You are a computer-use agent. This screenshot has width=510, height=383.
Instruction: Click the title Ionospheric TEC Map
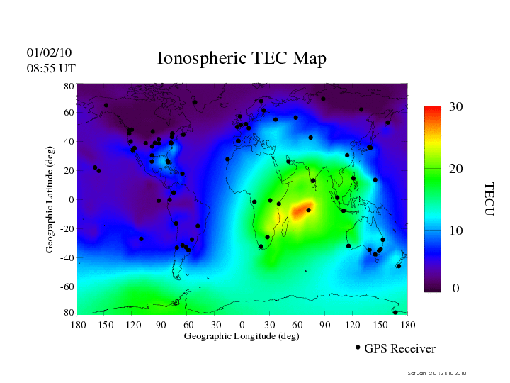click(242, 58)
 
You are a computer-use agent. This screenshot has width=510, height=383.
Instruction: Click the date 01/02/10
click(50, 52)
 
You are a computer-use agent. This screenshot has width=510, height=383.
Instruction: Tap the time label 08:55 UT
click(51, 68)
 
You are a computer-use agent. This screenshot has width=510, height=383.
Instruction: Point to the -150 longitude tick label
click(103, 325)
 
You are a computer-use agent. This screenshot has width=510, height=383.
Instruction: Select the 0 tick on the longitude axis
click(242, 325)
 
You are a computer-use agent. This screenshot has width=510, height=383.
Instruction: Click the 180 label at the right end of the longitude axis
click(408, 325)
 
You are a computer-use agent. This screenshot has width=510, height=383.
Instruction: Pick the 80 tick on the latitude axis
click(69, 86)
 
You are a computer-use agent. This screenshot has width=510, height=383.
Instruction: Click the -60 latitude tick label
click(67, 287)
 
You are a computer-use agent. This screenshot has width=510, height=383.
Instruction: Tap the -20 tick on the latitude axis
click(67, 229)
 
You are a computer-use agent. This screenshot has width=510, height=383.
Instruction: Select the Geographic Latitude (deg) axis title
click(50, 204)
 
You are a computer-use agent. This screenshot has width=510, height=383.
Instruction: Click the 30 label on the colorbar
click(455, 107)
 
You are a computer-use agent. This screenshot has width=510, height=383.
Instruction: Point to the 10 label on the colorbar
click(455, 231)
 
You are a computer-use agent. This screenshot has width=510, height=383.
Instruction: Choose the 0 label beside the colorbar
click(456, 289)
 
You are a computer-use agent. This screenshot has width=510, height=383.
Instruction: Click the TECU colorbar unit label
click(489, 199)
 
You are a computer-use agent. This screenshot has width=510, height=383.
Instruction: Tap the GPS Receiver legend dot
click(358, 348)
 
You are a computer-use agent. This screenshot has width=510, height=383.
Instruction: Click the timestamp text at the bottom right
click(437, 373)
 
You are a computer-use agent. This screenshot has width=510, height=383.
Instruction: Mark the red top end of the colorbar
click(433, 109)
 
